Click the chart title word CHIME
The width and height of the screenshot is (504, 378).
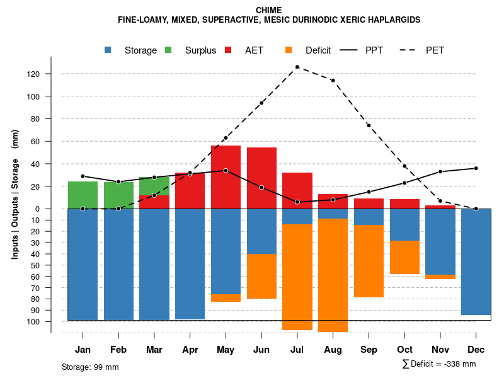(x=269, y=10)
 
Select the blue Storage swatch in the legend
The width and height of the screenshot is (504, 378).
(x=108, y=50)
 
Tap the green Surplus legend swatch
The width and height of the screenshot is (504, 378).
(x=169, y=50)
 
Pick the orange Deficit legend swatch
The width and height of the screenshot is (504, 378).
(x=289, y=50)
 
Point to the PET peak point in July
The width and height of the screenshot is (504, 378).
(x=297, y=67)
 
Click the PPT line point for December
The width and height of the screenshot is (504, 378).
(x=476, y=168)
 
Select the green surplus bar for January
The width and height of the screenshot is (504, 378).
(x=83, y=195)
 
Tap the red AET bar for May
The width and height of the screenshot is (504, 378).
(x=226, y=177)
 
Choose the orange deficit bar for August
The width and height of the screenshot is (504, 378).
(x=333, y=275)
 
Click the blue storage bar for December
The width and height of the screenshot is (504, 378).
(x=476, y=261)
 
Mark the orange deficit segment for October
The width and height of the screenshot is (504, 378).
(x=404, y=257)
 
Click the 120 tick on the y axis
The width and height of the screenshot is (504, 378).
(x=51, y=74)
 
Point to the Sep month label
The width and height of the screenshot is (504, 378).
(x=369, y=350)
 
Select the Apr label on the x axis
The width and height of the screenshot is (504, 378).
(x=190, y=350)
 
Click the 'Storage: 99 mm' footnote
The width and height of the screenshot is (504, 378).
(x=90, y=367)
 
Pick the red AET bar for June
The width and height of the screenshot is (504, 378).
(x=261, y=178)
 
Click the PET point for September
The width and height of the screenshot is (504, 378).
(x=369, y=125)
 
